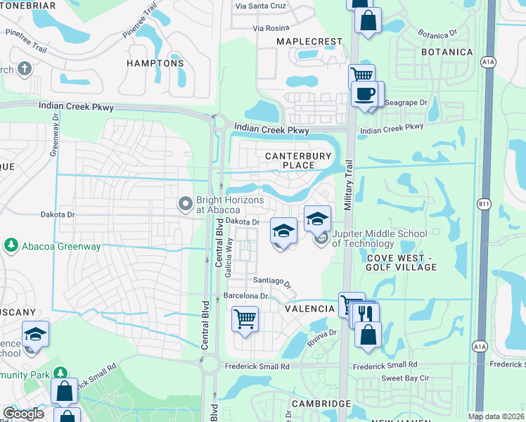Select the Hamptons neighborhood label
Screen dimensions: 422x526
coord(155,63)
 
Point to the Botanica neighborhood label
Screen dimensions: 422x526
coord(447,53)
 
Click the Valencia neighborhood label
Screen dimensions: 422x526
coord(309,309)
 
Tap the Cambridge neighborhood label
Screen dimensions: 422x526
coord(321,404)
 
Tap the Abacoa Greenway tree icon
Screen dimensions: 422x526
coord(11,245)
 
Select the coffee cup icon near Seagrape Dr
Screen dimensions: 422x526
coord(364,94)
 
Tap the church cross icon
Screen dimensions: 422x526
coord(25,69)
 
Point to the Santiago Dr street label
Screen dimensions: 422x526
coord(273,281)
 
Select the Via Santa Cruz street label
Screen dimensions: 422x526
coord(261,6)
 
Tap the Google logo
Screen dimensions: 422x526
coord(24,414)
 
